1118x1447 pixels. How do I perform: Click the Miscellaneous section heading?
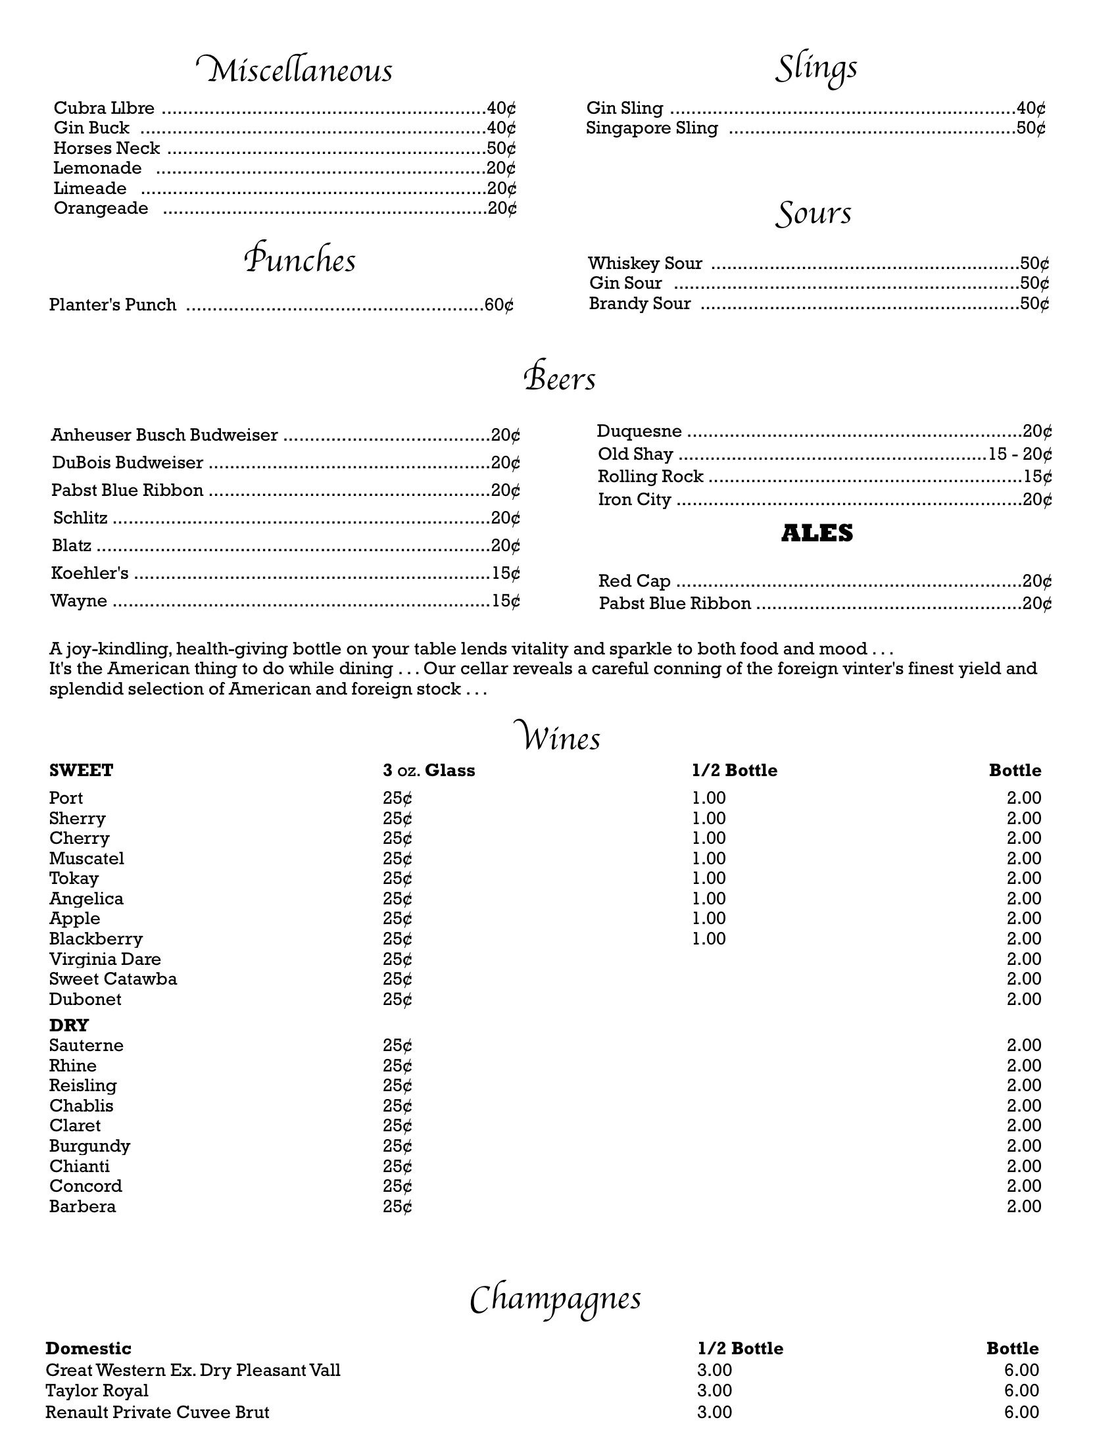[x=295, y=70]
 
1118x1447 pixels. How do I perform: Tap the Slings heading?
[x=816, y=68]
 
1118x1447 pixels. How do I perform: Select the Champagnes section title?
[x=555, y=1298]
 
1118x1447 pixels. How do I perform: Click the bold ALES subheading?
[x=817, y=533]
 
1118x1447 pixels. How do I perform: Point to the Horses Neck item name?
[x=107, y=148]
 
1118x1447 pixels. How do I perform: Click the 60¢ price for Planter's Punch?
[x=498, y=305]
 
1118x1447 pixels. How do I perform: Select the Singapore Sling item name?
[x=652, y=128]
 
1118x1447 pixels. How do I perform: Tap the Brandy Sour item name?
[x=640, y=303]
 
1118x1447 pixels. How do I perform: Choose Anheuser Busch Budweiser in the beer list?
[x=164, y=435]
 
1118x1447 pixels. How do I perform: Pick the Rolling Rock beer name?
[x=650, y=477]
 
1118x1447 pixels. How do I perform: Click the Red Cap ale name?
[x=634, y=581]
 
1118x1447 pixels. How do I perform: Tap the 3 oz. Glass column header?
[x=429, y=770]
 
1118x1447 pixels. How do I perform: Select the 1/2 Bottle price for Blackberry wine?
[x=709, y=939]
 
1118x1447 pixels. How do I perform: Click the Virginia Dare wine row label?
[x=105, y=959]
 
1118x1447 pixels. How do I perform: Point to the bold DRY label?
[x=69, y=1025]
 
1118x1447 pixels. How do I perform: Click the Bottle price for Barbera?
[x=1023, y=1206]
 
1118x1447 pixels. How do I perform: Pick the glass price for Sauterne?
[x=397, y=1046]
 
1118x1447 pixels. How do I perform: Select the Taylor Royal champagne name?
[x=97, y=1390]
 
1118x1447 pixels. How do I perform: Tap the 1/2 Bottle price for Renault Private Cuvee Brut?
[x=714, y=1412]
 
